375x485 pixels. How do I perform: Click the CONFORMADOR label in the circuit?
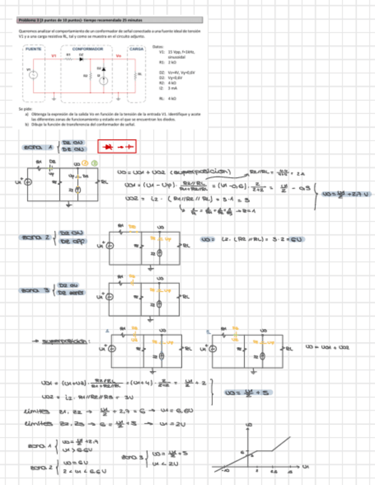87,49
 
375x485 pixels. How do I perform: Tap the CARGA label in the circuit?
136,49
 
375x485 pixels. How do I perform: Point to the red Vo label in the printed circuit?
118,56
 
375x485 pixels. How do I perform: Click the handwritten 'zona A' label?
39,147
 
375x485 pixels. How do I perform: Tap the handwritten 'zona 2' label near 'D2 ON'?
36,237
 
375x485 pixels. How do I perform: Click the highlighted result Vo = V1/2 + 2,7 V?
346,194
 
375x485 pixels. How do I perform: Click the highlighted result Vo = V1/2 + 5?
239,393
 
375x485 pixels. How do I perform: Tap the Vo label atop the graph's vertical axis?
248,425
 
